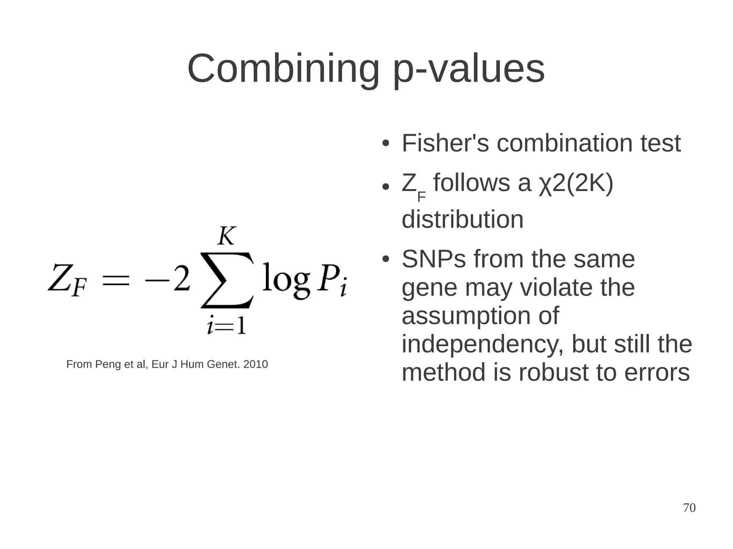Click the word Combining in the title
pos(283,69)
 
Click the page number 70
pos(689,508)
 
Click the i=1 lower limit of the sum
pos(227,326)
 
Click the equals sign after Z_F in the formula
pos(115,280)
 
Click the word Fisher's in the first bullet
pos(445,143)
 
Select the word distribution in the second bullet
pos(462,220)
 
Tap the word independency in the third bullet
pos(482,344)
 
